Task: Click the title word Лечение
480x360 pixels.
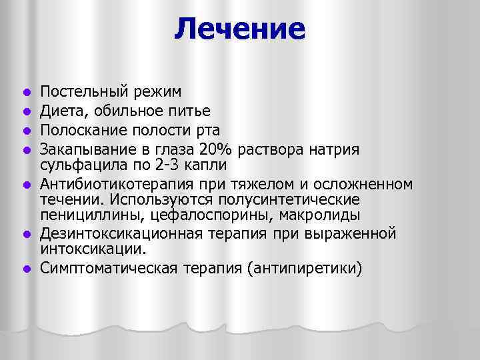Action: point(240,29)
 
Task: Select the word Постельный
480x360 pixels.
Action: point(79,91)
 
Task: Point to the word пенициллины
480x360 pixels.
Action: point(88,215)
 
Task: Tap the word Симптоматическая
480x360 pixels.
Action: point(107,269)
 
